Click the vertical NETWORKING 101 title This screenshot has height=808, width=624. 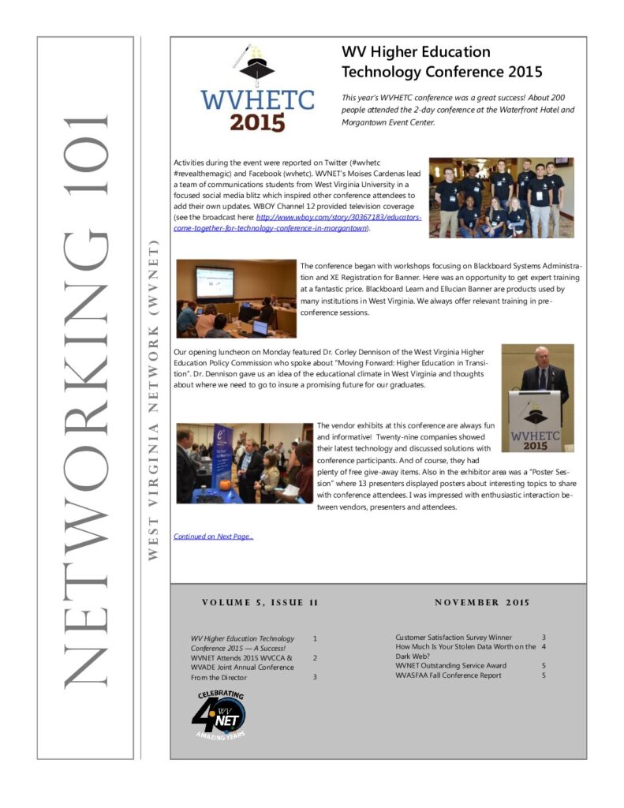(84, 398)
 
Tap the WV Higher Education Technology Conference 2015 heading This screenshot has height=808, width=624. (441, 62)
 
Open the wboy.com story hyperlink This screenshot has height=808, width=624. (339, 223)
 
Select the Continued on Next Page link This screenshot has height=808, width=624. (213, 537)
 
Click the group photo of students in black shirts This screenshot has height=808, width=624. (501, 197)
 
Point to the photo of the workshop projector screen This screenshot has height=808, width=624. (236, 298)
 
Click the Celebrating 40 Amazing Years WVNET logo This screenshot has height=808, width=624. (219, 715)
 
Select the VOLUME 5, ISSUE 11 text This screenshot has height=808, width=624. (260, 603)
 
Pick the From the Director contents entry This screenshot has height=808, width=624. (219, 677)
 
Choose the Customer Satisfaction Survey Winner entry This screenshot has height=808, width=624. (453, 637)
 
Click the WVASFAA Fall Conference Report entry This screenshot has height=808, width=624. (448, 675)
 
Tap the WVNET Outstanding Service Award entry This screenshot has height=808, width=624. (450, 665)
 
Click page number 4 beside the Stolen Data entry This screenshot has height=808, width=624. (544, 646)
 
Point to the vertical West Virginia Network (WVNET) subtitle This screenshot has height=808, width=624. (153, 398)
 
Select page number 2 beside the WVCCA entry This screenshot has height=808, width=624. (315, 657)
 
